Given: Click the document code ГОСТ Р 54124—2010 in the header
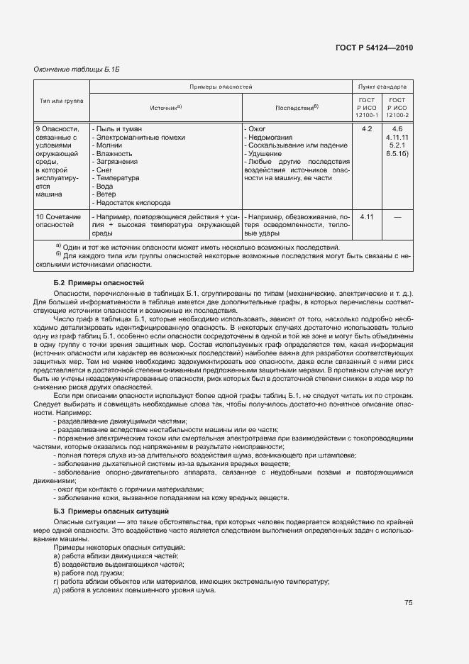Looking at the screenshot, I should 374,48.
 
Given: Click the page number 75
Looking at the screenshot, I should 408,603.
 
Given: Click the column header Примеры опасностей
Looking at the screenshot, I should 221,86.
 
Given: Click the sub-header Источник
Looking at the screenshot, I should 165,107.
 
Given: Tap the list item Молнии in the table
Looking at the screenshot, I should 109,145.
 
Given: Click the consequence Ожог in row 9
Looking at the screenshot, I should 255,129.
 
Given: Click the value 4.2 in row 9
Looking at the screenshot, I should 367,129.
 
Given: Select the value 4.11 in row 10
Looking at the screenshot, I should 367,216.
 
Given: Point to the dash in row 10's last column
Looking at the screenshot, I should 397,216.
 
